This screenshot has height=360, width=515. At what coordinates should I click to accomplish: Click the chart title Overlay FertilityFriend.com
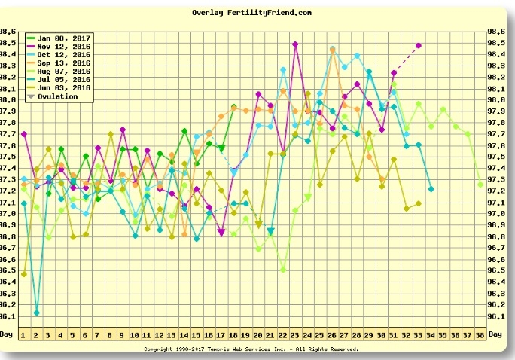point(251,13)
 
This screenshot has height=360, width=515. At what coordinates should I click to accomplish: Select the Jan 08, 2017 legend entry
point(63,37)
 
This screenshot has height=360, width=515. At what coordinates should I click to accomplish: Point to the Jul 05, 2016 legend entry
point(63,79)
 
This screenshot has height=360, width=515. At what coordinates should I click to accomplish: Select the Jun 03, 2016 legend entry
point(63,88)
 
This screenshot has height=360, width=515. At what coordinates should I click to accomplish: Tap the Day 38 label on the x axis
point(480,334)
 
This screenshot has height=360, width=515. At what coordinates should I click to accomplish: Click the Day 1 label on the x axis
point(23,334)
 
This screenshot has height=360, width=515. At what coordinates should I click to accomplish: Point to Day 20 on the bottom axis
point(258,334)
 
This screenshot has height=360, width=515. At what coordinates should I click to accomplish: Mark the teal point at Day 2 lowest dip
point(36,312)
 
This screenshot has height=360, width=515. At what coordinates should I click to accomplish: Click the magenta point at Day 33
point(419,45)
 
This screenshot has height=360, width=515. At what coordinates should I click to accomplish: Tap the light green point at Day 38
point(480,184)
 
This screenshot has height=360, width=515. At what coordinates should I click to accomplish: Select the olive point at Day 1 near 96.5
point(23,274)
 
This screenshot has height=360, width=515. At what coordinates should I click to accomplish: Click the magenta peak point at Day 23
point(295,44)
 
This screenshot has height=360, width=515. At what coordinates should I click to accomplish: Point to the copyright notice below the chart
point(251,349)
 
